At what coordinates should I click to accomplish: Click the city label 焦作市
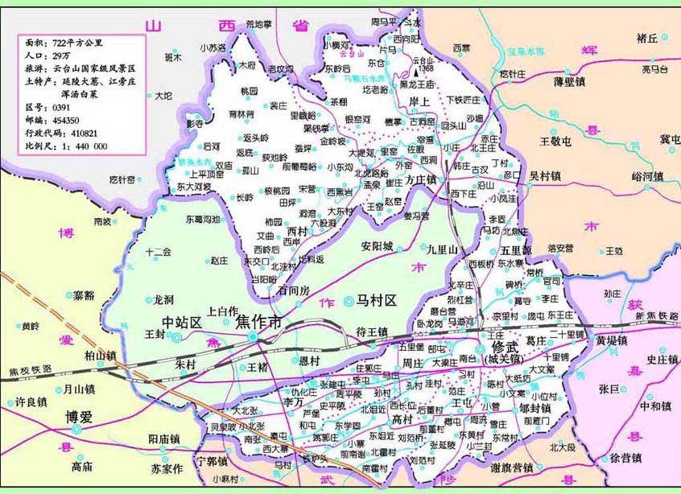pyautogui.click(x=259, y=322)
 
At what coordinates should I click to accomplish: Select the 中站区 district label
pyautogui.click(x=181, y=322)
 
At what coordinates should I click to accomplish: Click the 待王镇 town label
pyautogui.click(x=372, y=331)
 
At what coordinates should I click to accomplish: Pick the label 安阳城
pyautogui.click(x=377, y=246)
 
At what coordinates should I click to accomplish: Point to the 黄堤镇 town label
pyautogui.click(x=613, y=340)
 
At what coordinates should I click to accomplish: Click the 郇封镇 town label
pyautogui.click(x=534, y=408)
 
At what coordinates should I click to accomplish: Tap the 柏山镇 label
pyautogui.click(x=101, y=355)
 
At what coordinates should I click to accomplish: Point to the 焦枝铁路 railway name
pyautogui.click(x=31, y=369)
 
